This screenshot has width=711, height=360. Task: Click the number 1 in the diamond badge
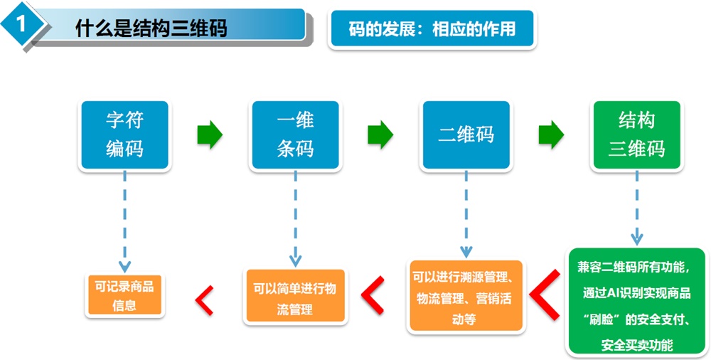[21, 24]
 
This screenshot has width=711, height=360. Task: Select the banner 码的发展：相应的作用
[431, 28]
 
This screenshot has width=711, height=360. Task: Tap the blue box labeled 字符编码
[124, 134]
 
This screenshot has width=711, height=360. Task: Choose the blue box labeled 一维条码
[295, 134]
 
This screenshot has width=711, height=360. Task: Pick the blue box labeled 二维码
[466, 134]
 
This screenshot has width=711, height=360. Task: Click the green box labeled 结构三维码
[636, 134]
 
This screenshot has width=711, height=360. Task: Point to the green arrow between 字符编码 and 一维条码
[209, 134]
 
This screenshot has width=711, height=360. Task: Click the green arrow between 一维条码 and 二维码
[380, 134]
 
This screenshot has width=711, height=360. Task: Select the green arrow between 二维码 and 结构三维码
[551, 134]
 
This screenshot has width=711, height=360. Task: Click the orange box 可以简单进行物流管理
[295, 298]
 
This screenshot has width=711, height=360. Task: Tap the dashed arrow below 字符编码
[124, 221]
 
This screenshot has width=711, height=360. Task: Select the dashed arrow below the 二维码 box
[466, 213]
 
